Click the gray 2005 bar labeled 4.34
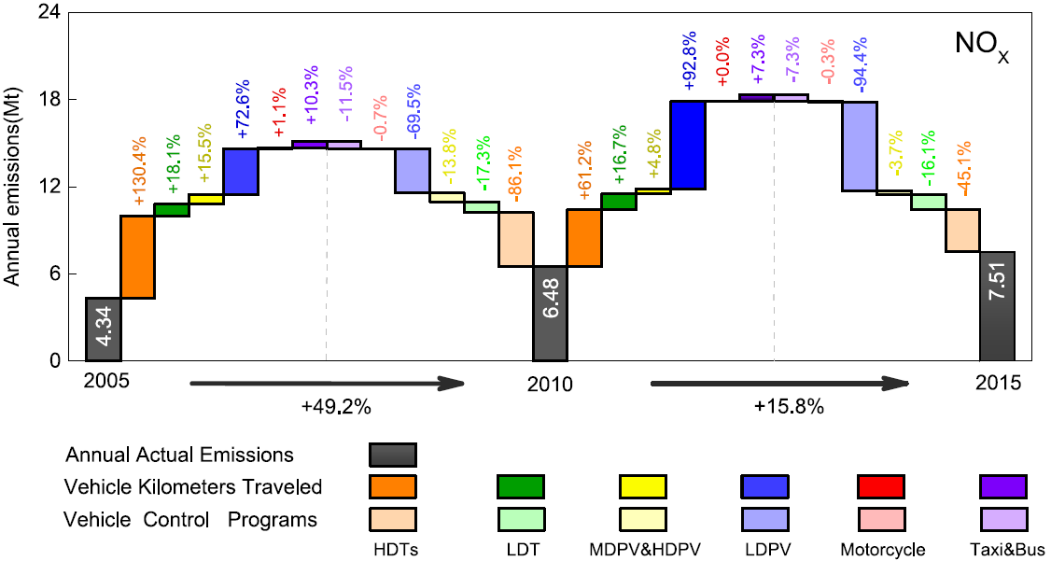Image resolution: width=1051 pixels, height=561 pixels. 103,329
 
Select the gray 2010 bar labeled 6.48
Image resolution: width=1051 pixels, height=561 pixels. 550,314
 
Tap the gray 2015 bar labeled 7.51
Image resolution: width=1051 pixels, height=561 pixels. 997,306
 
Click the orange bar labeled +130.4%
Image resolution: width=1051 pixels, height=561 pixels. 137,257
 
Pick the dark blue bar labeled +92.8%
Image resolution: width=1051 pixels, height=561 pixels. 687,145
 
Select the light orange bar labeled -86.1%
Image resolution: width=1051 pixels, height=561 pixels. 515,239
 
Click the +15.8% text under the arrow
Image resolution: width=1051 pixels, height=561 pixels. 780,406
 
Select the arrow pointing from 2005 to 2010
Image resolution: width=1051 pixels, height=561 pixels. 327,383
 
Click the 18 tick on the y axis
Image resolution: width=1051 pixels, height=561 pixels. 57,100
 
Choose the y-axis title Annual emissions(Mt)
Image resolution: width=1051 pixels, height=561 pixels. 13,187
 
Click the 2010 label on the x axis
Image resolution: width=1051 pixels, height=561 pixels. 550,383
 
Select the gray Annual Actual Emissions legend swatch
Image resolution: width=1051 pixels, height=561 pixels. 392,455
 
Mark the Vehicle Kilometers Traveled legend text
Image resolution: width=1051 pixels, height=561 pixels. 193,486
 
